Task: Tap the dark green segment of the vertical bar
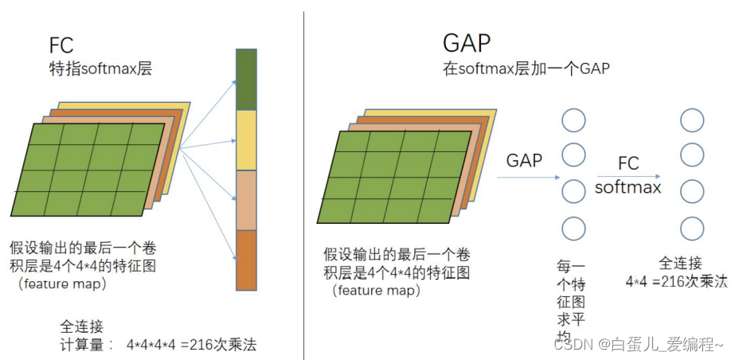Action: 247,79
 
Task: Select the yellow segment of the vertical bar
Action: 247,139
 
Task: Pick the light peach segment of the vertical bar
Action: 247,200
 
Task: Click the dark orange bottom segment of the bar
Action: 247,260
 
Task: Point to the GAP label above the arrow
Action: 524,160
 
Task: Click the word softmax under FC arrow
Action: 627,188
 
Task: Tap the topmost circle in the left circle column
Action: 573,120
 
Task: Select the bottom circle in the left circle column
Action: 573,229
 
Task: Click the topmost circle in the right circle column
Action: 691,120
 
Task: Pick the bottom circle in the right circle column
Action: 691,229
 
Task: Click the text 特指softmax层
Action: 100,69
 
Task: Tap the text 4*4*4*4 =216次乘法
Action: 192,346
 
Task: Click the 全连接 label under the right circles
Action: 680,263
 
